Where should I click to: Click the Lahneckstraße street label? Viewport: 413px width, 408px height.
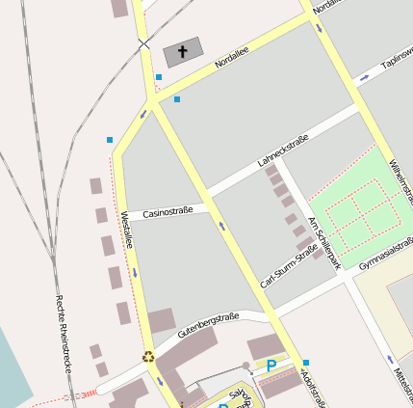[x=283, y=151]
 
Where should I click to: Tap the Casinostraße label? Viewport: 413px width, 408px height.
[x=168, y=210]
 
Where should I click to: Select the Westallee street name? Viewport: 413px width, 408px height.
[x=126, y=231]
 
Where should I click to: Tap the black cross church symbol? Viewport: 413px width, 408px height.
[x=183, y=51]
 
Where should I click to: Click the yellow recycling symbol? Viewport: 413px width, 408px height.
[x=148, y=356]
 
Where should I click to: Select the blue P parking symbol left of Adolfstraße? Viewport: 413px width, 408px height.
[x=271, y=366]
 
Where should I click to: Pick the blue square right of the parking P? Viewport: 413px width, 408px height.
[x=306, y=363]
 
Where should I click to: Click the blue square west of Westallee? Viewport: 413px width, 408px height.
[x=110, y=140]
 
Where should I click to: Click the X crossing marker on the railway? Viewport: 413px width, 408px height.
[x=144, y=44]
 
